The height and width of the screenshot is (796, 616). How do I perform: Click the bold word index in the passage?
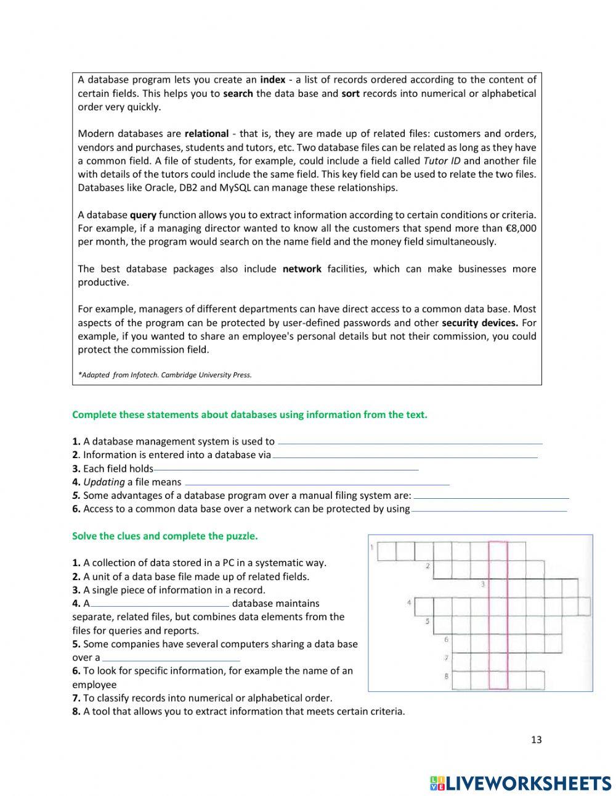[272, 80]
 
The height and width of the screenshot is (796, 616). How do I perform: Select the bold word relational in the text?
[206, 134]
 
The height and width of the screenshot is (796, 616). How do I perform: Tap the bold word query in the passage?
[143, 215]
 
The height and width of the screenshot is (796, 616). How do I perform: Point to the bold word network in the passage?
[302, 269]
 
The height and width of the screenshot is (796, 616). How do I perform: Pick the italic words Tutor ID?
[442, 161]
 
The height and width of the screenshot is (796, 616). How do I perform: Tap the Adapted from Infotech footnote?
[164, 375]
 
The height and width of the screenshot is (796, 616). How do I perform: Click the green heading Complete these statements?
[249, 415]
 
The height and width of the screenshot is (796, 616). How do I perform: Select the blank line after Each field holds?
[286, 470]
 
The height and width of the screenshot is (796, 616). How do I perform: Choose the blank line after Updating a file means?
[317, 484]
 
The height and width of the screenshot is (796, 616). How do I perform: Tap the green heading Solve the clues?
[164, 536]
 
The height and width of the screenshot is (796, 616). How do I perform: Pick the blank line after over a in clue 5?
[171, 659]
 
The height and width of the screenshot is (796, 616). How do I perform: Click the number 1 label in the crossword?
[372, 547]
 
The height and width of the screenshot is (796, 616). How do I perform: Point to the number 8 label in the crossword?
[446, 676]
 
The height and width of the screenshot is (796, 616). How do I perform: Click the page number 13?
[536, 740]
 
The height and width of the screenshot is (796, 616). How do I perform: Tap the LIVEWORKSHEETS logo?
[521, 783]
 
